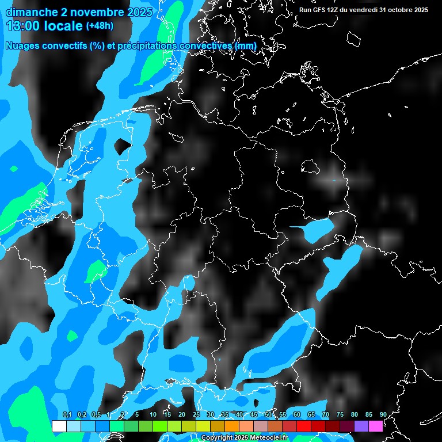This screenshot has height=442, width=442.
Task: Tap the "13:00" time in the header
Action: [x=21, y=26]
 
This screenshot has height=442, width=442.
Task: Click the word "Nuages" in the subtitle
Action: [x=22, y=46]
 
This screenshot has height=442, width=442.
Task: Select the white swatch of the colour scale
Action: [x=59, y=426]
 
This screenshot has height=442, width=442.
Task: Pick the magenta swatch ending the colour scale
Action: [x=375, y=426]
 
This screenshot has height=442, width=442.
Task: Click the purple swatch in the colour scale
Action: [x=361, y=426]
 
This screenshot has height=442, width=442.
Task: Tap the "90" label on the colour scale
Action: [x=383, y=414]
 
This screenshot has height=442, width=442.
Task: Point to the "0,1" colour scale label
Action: [x=67, y=414]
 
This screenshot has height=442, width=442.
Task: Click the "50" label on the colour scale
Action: [x=268, y=414]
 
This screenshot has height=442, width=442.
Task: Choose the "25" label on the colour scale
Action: [x=196, y=414]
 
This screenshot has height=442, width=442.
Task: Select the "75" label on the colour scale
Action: [x=340, y=414]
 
